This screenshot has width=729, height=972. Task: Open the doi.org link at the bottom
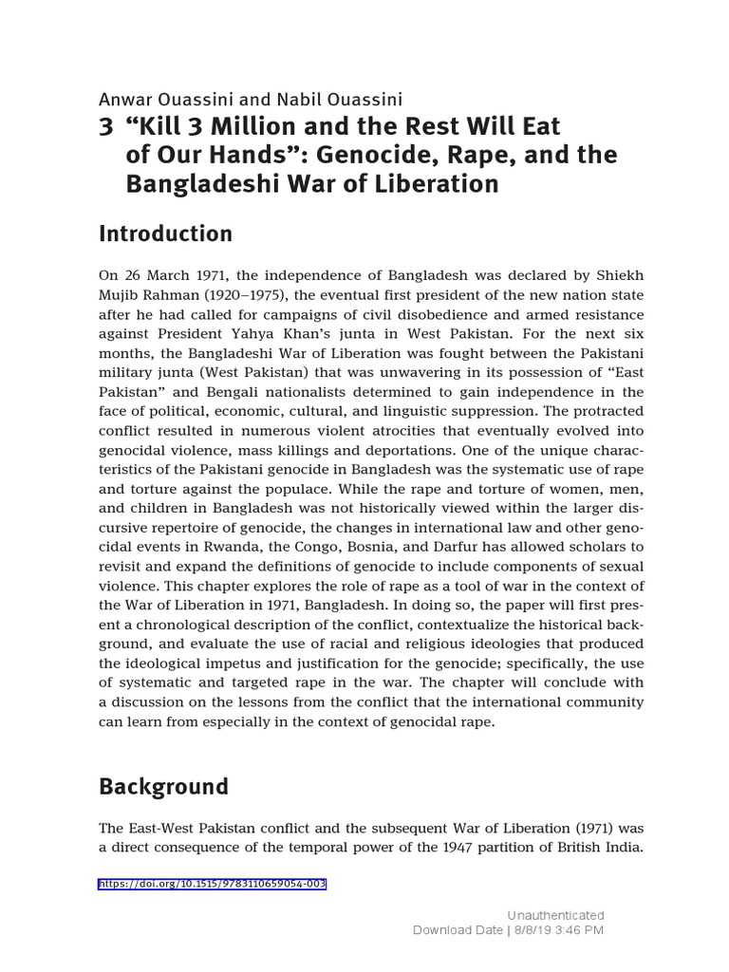(213, 884)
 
